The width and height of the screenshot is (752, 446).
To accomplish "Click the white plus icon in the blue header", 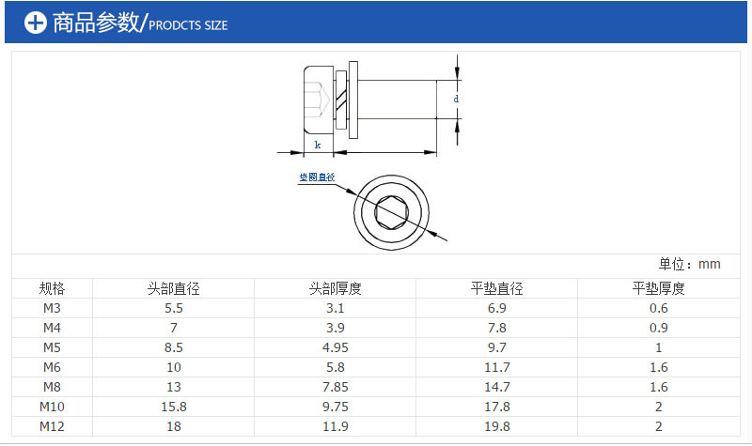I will pos(35,23).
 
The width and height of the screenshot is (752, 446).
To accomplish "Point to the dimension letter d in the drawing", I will pos(456,99).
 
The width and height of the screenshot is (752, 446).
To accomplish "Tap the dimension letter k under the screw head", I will pos(317,145).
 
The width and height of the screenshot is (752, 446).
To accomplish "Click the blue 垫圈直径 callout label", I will pos(317,177).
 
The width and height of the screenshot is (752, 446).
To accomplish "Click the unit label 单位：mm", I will pos(689,264).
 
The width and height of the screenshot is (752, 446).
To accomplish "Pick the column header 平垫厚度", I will pos(659,288).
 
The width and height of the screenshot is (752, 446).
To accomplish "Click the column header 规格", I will pos(53,288).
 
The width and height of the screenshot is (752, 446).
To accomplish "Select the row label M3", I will pos(53,308).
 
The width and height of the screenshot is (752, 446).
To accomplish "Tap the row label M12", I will pos(53,426).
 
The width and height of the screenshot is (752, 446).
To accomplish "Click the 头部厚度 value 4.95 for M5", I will pos(336,347).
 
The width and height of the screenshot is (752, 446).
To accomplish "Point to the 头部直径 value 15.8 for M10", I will pos(174,407).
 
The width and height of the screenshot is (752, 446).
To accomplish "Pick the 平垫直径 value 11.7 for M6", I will pos(497,367).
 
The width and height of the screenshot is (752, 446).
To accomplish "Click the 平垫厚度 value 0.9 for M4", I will pos(659,328).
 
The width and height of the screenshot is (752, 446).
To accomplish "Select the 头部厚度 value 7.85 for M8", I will pos(336,387).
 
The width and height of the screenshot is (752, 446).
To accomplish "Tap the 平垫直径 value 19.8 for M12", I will pos(497,426).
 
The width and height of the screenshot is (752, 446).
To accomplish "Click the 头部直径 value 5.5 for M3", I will pos(174,308).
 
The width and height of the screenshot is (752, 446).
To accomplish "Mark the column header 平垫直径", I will pos(497,288).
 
